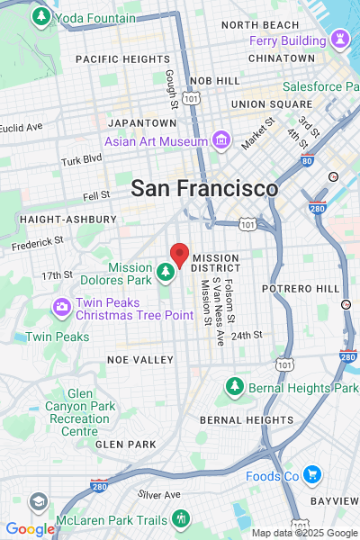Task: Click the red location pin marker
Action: pos(180,255)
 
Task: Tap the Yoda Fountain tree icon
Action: pos(40,17)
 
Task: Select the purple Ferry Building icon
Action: pos(340,40)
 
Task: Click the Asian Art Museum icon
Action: pos(220,140)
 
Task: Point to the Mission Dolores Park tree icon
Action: pos(166,270)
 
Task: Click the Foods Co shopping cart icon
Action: pos(311,475)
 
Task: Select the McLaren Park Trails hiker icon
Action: pos(181,518)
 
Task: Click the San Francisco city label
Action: pos(204,189)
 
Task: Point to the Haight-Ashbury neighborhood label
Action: pos(67,220)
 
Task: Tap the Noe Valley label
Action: pos(139,359)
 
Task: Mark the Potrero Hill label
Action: pos(301,288)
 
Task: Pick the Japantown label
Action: pos(141,122)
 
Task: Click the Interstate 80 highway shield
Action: pos(307,162)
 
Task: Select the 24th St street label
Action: pos(247,335)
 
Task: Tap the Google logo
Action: pos(30,529)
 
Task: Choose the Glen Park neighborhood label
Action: pos(125,444)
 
